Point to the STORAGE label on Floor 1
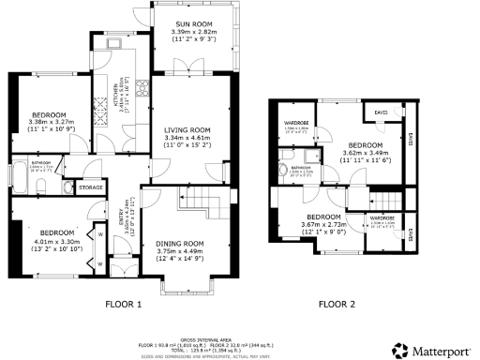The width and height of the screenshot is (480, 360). click(x=91, y=187)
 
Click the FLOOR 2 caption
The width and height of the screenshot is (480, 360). click(x=337, y=305)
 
